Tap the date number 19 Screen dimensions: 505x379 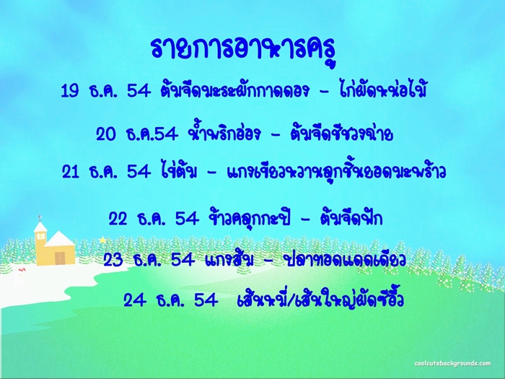point(70,90)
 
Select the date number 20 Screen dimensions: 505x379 point(105,134)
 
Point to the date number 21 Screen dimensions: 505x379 point(71,172)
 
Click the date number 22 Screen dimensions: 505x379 point(118,219)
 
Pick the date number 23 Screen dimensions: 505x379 point(113,260)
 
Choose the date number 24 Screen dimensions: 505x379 point(133,300)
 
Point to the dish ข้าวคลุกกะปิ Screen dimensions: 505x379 point(250,219)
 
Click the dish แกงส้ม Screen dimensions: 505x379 point(229,258)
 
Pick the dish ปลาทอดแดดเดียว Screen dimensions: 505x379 point(343,260)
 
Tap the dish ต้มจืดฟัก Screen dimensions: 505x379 point(351,218)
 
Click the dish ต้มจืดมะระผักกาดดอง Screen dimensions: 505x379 point(234,90)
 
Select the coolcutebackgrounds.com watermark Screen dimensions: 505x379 point(452,363)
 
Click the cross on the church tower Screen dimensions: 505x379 point(40,218)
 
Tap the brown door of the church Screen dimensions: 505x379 point(60,258)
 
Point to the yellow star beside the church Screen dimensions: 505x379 point(102,240)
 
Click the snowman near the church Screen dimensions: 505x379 point(20,277)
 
